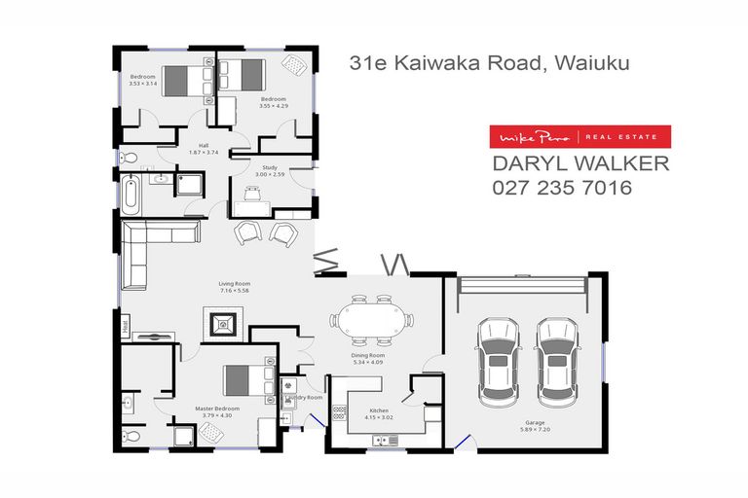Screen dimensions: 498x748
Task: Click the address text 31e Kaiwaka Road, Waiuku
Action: (x=489, y=64)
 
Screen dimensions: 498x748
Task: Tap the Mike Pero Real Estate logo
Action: (x=580, y=137)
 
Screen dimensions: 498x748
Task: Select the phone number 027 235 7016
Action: (x=563, y=188)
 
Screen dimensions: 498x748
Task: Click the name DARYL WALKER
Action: (x=580, y=163)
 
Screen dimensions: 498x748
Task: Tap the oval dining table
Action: (x=371, y=319)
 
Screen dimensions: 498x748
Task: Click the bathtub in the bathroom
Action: (x=130, y=194)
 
